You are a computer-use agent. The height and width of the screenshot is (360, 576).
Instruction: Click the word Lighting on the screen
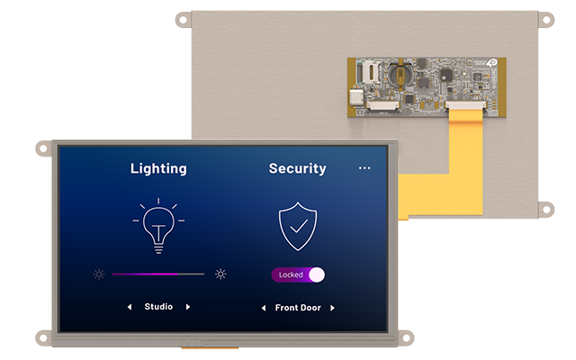[x=158, y=169]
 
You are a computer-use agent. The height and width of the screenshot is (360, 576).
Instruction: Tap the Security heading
[x=298, y=168]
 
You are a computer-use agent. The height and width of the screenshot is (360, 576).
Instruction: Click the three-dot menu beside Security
[x=364, y=168]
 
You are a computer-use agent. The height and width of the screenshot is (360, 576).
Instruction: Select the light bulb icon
[x=158, y=226]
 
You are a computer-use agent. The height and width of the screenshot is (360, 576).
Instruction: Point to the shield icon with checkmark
[x=298, y=226]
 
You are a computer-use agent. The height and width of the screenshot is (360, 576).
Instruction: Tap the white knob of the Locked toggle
[x=317, y=274]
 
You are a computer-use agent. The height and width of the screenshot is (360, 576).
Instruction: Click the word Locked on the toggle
[x=291, y=274]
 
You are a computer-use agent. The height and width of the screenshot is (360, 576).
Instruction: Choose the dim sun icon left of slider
[x=99, y=274]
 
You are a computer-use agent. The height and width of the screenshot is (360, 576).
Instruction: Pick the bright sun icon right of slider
[x=220, y=274]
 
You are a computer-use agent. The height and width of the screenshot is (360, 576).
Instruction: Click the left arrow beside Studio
[x=130, y=307]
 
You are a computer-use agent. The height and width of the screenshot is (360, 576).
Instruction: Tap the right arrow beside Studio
[x=188, y=307]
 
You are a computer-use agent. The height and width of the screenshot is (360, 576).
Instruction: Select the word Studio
[x=158, y=307]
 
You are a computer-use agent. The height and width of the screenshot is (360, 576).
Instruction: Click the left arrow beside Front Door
[x=264, y=308]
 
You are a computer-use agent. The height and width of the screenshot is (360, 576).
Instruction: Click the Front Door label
[x=298, y=308]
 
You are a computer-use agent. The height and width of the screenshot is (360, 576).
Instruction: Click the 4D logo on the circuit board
[x=492, y=63]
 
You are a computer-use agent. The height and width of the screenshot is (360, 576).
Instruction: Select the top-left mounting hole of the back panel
[x=183, y=20]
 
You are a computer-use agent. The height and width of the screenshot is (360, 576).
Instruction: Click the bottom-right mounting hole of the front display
[x=406, y=338]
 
